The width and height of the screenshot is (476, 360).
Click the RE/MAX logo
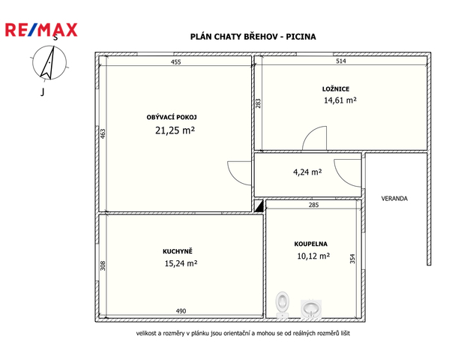[x=41, y=30]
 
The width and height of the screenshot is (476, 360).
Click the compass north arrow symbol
[x=49, y=62]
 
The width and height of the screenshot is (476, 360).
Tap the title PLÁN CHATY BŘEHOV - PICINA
[x=253, y=37]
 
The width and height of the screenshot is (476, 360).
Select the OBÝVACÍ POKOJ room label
[x=172, y=117]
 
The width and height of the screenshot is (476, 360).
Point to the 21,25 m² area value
[x=175, y=130]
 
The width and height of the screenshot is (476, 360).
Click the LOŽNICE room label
[x=336, y=89]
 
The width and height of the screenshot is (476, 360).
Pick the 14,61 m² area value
[x=340, y=100]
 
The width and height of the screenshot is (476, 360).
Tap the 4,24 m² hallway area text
[x=307, y=172]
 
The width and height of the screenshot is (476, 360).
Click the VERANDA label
[x=394, y=199]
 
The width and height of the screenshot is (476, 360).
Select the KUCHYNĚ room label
[x=178, y=251]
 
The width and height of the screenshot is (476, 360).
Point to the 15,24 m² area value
[x=181, y=263]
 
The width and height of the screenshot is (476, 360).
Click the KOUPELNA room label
[x=311, y=244]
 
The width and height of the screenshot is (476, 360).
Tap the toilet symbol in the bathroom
[x=283, y=304]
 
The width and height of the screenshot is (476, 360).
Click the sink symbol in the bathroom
[x=311, y=309]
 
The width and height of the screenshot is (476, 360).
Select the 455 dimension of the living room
[x=175, y=62]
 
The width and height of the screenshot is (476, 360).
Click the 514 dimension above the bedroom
[x=341, y=61]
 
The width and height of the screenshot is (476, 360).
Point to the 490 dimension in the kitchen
[x=181, y=310]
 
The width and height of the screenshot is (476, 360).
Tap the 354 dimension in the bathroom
[x=352, y=259]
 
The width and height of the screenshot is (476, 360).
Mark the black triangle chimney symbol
[x=259, y=206]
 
